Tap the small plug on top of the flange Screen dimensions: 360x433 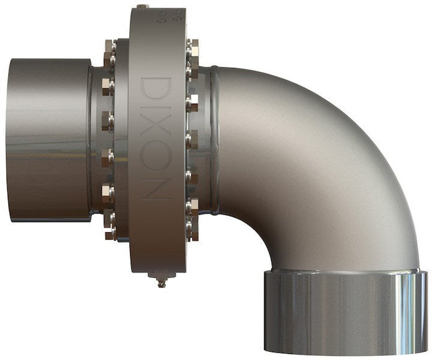(141, 7)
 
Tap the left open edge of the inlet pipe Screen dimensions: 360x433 (9, 140)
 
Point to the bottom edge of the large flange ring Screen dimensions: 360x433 (157, 269)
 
